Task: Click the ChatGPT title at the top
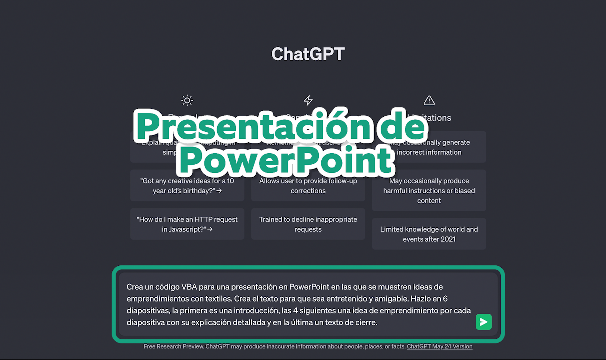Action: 308,54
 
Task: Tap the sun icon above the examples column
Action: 187,100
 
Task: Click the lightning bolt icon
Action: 308,100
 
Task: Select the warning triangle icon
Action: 429,101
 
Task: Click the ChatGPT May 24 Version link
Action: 440,346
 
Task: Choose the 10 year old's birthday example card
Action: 187,186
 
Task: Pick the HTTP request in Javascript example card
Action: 187,224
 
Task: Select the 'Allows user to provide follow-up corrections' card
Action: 308,186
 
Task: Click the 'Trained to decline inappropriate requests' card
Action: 308,224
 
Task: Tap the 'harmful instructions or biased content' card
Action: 429,191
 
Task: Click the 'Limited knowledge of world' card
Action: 429,234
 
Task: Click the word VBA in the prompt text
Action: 189,287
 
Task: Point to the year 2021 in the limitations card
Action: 448,239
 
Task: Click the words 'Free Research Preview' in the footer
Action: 174,346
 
